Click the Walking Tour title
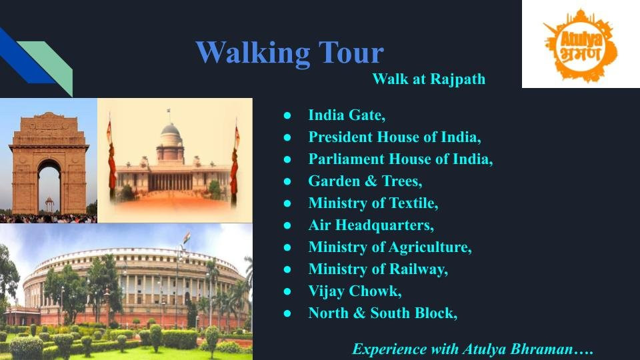(290, 53)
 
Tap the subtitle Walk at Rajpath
(429, 79)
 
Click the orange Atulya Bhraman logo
(581, 45)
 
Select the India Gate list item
(347, 115)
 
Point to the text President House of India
(394, 137)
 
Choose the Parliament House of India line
(401, 159)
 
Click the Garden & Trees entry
(365, 181)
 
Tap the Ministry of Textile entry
(373, 203)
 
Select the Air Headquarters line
(371, 225)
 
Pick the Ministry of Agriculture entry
(390, 247)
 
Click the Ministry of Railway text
(378, 269)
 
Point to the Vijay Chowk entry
(355, 291)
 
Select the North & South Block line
(383, 313)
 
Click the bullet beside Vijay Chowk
(287, 291)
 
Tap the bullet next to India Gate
(287, 115)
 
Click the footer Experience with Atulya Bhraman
(473, 349)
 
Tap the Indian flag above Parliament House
(187, 237)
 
